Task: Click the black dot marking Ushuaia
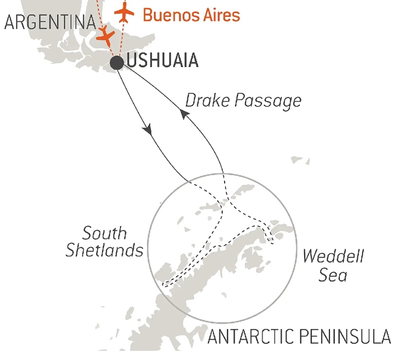click(x=117, y=63)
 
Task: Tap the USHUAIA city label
click(x=162, y=61)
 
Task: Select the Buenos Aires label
click(x=191, y=15)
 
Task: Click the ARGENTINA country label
click(x=49, y=23)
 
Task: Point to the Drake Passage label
click(x=243, y=101)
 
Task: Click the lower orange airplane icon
click(x=105, y=37)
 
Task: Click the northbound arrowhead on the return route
click(x=185, y=116)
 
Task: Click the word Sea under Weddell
click(x=333, y=274)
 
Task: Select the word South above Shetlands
click(x=105, y=233)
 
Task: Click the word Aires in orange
click(x=220, y=15)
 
